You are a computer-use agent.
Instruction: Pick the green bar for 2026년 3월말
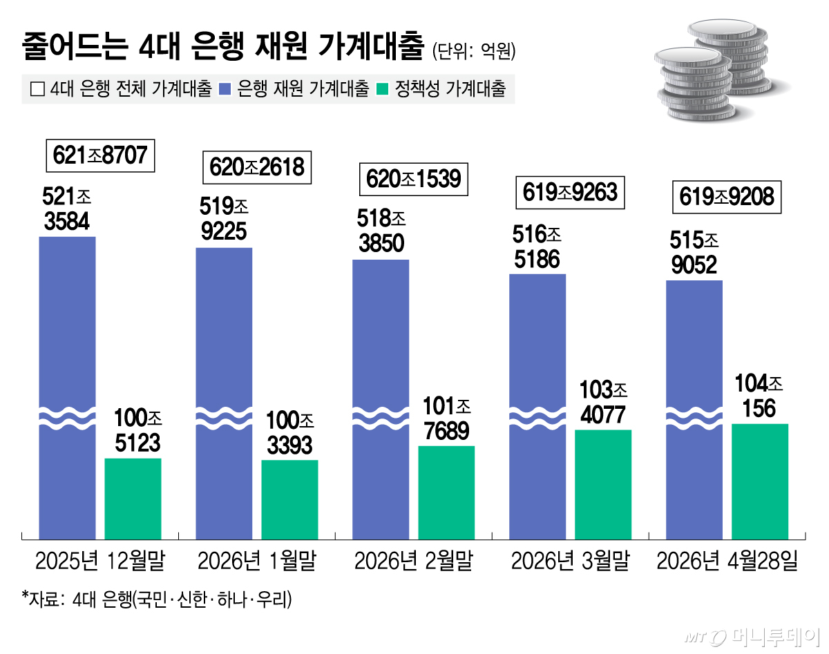603,483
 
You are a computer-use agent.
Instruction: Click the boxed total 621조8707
100,156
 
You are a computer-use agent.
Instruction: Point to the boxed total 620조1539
414,180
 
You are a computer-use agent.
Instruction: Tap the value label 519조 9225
224,219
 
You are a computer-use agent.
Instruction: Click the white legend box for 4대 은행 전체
37,89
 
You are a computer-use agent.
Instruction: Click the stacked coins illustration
712,69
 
